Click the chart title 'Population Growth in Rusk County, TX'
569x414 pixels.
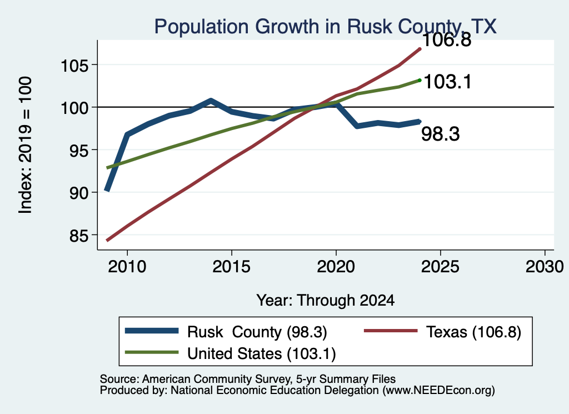tap(325, 27)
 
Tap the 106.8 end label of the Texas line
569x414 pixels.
tap(447, 39)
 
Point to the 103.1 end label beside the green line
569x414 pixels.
tap(447, 82)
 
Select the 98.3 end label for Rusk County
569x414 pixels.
tap(440, 134)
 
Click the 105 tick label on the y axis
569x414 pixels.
tap(74, 66)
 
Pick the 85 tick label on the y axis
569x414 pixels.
tap(78, 236)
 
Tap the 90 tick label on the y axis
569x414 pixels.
tap(78, 193)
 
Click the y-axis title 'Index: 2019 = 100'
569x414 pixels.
tap(25, 145)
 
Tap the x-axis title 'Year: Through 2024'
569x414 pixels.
tap(326, 301)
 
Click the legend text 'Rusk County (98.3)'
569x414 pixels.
tap(257, 332)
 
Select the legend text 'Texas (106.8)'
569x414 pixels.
tap(473, 332)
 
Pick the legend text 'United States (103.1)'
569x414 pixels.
tap(261, 353)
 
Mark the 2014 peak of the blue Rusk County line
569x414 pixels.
tap(211, 101)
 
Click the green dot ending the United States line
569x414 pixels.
tap(420, 80)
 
